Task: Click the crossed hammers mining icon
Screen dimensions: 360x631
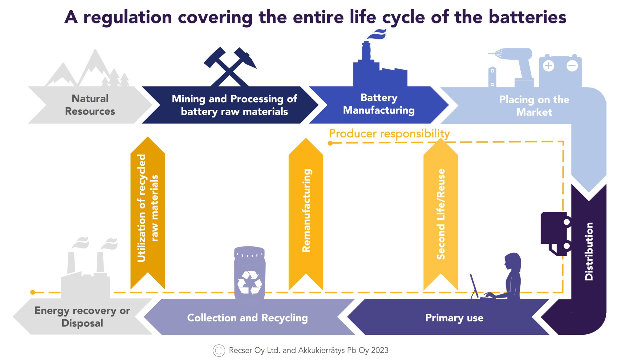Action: pyautogui.click(x=230, y=67)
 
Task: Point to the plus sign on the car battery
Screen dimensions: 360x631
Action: pyautogui.click(x=548, y=66)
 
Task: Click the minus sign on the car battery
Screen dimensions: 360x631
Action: pyautogui.click(x=572, y=66)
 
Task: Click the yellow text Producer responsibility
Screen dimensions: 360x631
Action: pyautogui.click(x=389, y=133)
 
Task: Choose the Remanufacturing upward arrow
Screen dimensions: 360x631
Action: pyautogui.click(x=306, y=213)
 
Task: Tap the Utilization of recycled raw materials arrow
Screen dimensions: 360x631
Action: pyautogui.click(x=148, y=213)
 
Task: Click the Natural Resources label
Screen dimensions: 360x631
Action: pyautogui.click(x=90, y=105)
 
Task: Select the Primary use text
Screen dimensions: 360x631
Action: pyautogui.click(x=454, y=318)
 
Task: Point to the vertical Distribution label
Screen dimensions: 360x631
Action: pyautogui.click(x=589, y=251)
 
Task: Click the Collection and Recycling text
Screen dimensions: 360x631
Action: pyautogui.click(x=247, y=318)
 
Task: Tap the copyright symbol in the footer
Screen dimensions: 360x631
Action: pyautogui.click(x=219, y=350)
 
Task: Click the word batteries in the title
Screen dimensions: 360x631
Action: pyautogui.click(x=527, y=17)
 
